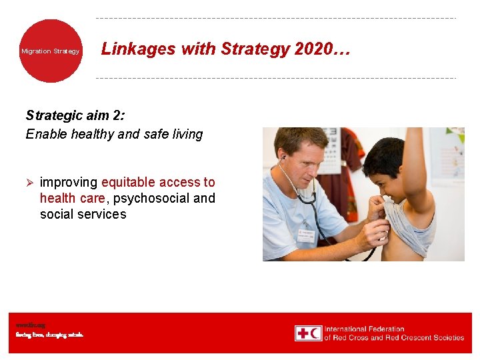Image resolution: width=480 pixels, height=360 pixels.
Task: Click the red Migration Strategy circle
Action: [x=51, y=51]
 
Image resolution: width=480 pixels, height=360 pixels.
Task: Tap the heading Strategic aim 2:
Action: [x=74, y=115]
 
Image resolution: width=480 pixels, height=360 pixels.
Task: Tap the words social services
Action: [x=83, y=214]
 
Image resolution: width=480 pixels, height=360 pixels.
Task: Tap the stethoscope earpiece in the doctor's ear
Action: [x=283, y=158]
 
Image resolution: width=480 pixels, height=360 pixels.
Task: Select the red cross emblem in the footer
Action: [x=309, y=333]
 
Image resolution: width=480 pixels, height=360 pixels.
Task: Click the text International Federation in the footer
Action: [x=364, y=329]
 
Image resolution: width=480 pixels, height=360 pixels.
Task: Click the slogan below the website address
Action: [x=49, y=335]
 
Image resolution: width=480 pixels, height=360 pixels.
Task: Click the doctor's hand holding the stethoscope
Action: [x=373, y=230]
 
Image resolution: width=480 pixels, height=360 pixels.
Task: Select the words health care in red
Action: [x=72, y=198]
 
